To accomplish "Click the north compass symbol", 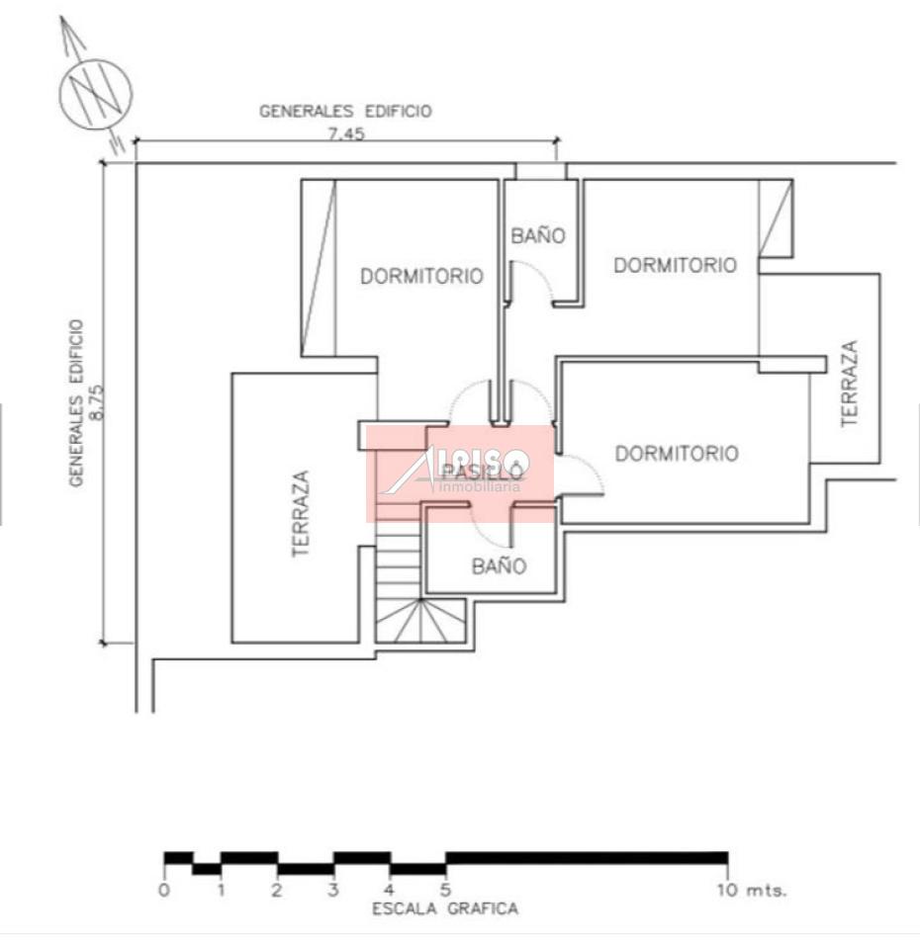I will [x=96, y=93].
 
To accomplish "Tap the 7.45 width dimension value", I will [x=346, y=134].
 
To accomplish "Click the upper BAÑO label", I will [x=538, y=236].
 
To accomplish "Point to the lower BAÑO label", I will [x=499, y=566].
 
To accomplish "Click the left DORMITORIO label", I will [x=421, y=277].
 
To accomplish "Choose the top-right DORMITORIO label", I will [x=675, y=265].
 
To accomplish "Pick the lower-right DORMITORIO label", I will [x=677, y=454].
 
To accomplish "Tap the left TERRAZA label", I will [x=302, y=514].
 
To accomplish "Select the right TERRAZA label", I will [x=849, y=384].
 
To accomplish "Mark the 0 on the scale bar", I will [x=164, y=890].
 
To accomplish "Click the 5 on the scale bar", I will [x=446, y=890].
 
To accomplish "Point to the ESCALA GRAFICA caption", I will [x=445, y=908].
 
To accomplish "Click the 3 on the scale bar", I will [x=334, y=890].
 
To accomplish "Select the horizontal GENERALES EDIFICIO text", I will [x=345, y=112].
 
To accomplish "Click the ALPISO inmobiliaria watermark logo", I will [x=461, y=473].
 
